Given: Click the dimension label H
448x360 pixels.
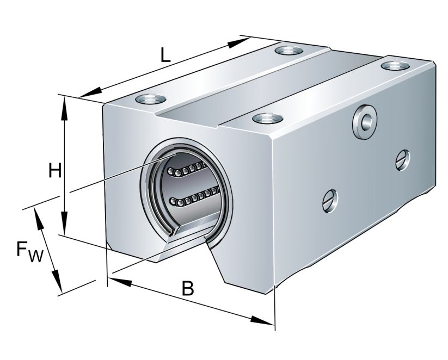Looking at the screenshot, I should point(54,171).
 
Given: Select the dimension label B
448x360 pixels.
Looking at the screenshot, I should point(187,289).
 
